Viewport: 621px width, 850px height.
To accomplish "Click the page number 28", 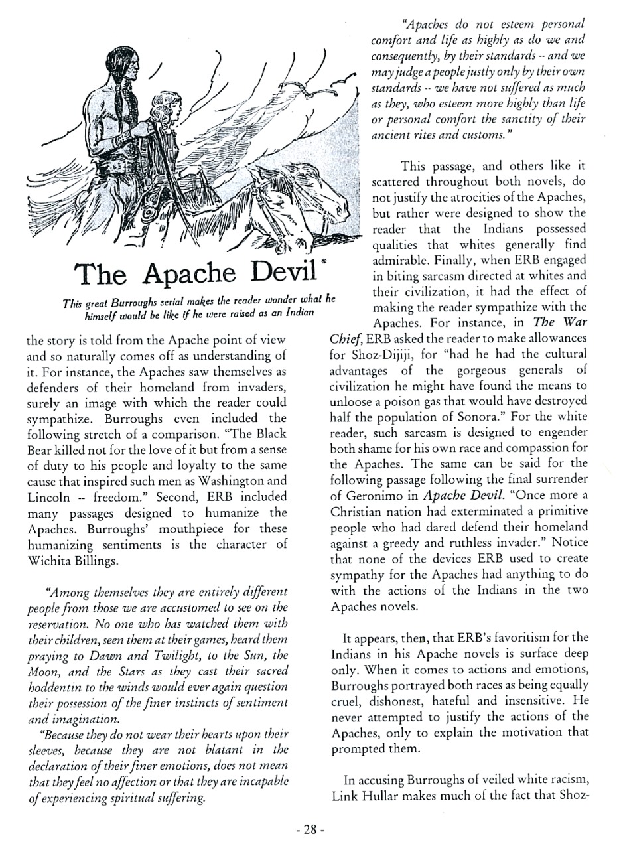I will pyautogui.click(x=309, y=829).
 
